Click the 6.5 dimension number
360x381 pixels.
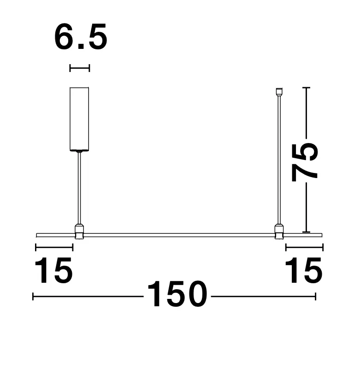tap(81, 37)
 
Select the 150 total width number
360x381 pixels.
tap(177, 294)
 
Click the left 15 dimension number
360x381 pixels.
tap(53, 270)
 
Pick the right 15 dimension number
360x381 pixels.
tap(304, 270)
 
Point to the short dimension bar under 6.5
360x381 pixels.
tap(80, 68)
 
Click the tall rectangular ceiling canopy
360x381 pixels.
tap(79, 119)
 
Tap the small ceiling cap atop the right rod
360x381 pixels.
tap(279, 91)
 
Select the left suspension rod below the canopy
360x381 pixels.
tap(79, 188)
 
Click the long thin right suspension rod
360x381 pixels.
tap(279, 160)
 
